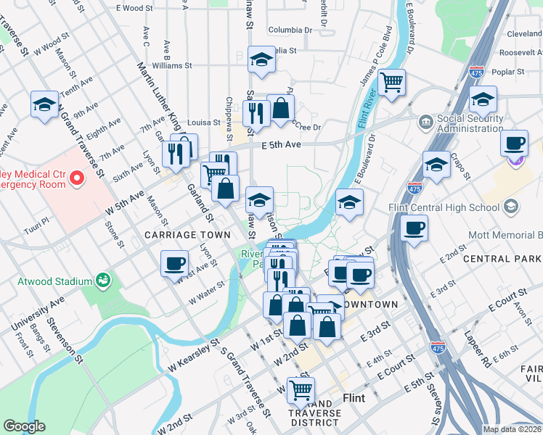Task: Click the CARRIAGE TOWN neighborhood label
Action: tap(187, 235)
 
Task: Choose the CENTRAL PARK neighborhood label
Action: tap(502, 259)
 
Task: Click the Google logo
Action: tap(25, 426)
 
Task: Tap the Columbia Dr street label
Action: tap(290, 30)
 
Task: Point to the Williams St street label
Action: tap(172, 65)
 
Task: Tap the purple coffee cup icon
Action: tap(515, 145)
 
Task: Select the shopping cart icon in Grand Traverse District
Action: tap(300, 390)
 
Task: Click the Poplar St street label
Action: tap(508, 72)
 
